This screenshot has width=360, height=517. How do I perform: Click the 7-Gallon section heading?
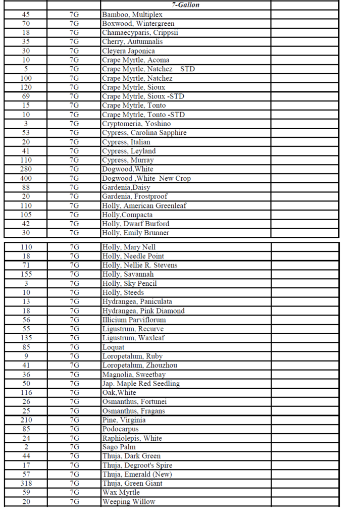point(185,5)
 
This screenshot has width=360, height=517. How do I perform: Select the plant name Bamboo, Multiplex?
point(132,15)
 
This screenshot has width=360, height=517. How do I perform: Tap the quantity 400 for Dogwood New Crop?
point(26,178)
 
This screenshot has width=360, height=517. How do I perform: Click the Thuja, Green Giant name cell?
point(132,483)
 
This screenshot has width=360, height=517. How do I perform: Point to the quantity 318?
point(26,483)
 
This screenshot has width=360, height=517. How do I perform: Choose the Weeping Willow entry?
point(129,501)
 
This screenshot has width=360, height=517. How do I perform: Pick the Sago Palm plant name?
point(119,447)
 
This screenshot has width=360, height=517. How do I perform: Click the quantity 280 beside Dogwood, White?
point(26,169)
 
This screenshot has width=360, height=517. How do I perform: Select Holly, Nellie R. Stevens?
point(140,265)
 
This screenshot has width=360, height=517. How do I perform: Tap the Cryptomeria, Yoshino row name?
point(136,124)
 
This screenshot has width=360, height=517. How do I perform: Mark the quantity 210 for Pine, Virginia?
point(26,420)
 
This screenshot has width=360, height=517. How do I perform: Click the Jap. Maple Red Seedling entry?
point(141,383)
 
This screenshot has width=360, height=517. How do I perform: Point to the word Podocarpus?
point(120,429)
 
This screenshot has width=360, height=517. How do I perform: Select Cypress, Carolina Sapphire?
point(144,133)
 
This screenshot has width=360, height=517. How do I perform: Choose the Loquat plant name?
point(113,347)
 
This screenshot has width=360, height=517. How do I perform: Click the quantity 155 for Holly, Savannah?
point(26,274)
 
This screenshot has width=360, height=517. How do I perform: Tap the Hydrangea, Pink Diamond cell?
point(143,311)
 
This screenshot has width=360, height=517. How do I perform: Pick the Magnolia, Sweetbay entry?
point(134,374)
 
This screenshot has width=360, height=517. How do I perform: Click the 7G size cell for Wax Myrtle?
point(74,492)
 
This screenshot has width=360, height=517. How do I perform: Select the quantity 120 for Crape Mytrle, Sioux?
point(26,87)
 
